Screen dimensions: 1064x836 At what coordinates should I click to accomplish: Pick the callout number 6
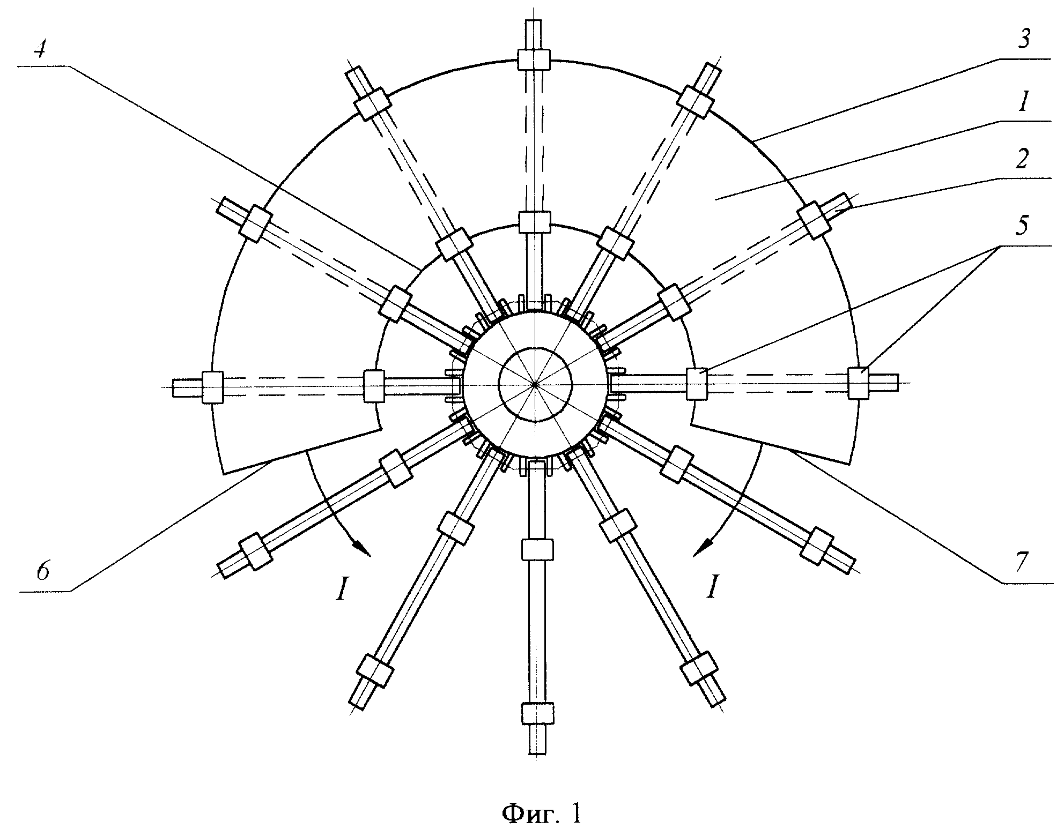pos(43,572)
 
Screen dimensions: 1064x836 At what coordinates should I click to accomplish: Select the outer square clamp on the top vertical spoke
pos(534,59)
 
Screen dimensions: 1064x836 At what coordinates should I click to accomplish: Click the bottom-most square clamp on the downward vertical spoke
pos(537,714)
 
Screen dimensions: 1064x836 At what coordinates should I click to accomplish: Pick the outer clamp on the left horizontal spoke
pos(212,387)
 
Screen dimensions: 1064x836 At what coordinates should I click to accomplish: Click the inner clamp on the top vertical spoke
pos(535,221)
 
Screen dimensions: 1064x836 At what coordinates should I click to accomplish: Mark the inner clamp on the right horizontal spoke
pos(697,383)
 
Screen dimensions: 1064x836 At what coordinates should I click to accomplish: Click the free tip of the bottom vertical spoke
pos(537,754)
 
